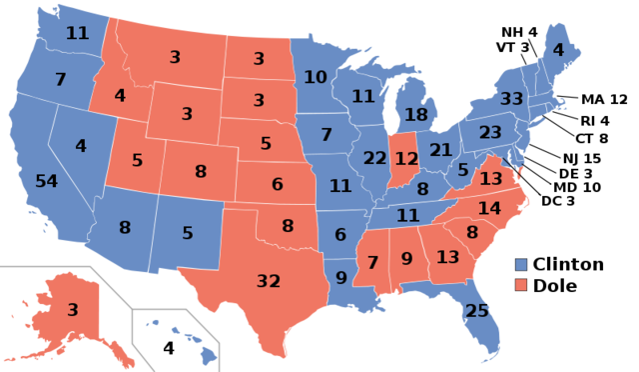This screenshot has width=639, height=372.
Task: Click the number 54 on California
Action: coord(46,181)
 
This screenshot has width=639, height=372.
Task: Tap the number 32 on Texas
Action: coord(269,281)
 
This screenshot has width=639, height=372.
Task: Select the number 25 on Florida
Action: coord(477,311)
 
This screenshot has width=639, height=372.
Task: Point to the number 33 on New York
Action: coord(511,99)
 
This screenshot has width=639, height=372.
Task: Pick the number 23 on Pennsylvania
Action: coord(489,132)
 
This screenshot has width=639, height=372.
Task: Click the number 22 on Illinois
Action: coord(374,158)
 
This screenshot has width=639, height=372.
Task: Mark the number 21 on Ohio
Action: coord(440,150)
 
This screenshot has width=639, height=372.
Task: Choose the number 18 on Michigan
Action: coord(415,114)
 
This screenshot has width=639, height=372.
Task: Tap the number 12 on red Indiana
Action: coord(406,158)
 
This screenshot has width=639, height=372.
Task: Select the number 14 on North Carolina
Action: coord(489,208)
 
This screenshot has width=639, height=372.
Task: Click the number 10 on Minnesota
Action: coord(315,77)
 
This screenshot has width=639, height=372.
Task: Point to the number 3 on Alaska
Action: coord(72,310)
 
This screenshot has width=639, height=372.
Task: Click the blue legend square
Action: coord(520,265)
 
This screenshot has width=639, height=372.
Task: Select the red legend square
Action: coord(520,285)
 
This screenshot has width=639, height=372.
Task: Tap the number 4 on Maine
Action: coord(558,50)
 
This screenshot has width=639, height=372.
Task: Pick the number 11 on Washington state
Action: coord(77,33)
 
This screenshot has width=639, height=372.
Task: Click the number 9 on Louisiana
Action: coord(340,278)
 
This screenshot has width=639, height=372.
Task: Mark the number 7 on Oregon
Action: coord(60,79)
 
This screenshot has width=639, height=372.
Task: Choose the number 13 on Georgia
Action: coord(447,257)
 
